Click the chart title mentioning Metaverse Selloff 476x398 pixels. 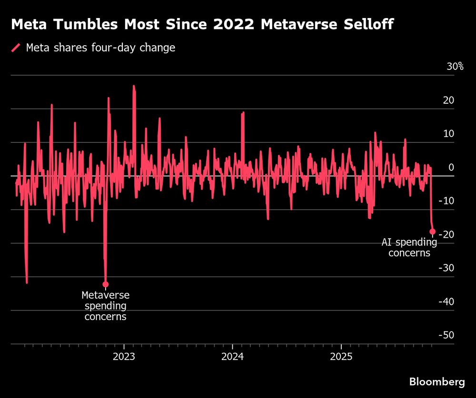click(202, 25)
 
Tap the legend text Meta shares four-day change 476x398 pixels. click(100, 48)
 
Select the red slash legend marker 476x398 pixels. click(16, 48)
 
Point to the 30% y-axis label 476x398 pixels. click(455, 67)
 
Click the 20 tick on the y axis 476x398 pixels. click(448, 100)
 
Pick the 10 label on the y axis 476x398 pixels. click(448, 134)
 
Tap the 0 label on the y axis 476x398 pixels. click(451, 167)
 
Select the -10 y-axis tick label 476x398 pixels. click(446, 201)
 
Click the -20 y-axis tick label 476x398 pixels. click(446, 234)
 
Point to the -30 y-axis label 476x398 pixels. click(446, 268)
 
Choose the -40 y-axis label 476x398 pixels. click(446, 302)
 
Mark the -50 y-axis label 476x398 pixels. click(446, 335)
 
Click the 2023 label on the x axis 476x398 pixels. click(124, 357)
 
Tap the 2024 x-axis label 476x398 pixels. click(232, 357)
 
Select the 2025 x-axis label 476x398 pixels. click(341, 357)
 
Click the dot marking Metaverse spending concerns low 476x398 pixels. click(106, 284)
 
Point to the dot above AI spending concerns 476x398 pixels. click(432, 232)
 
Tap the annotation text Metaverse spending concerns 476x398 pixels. click(106, 306)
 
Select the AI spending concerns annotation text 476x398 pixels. click(409, 247)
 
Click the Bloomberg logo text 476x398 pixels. click(437, 382)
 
